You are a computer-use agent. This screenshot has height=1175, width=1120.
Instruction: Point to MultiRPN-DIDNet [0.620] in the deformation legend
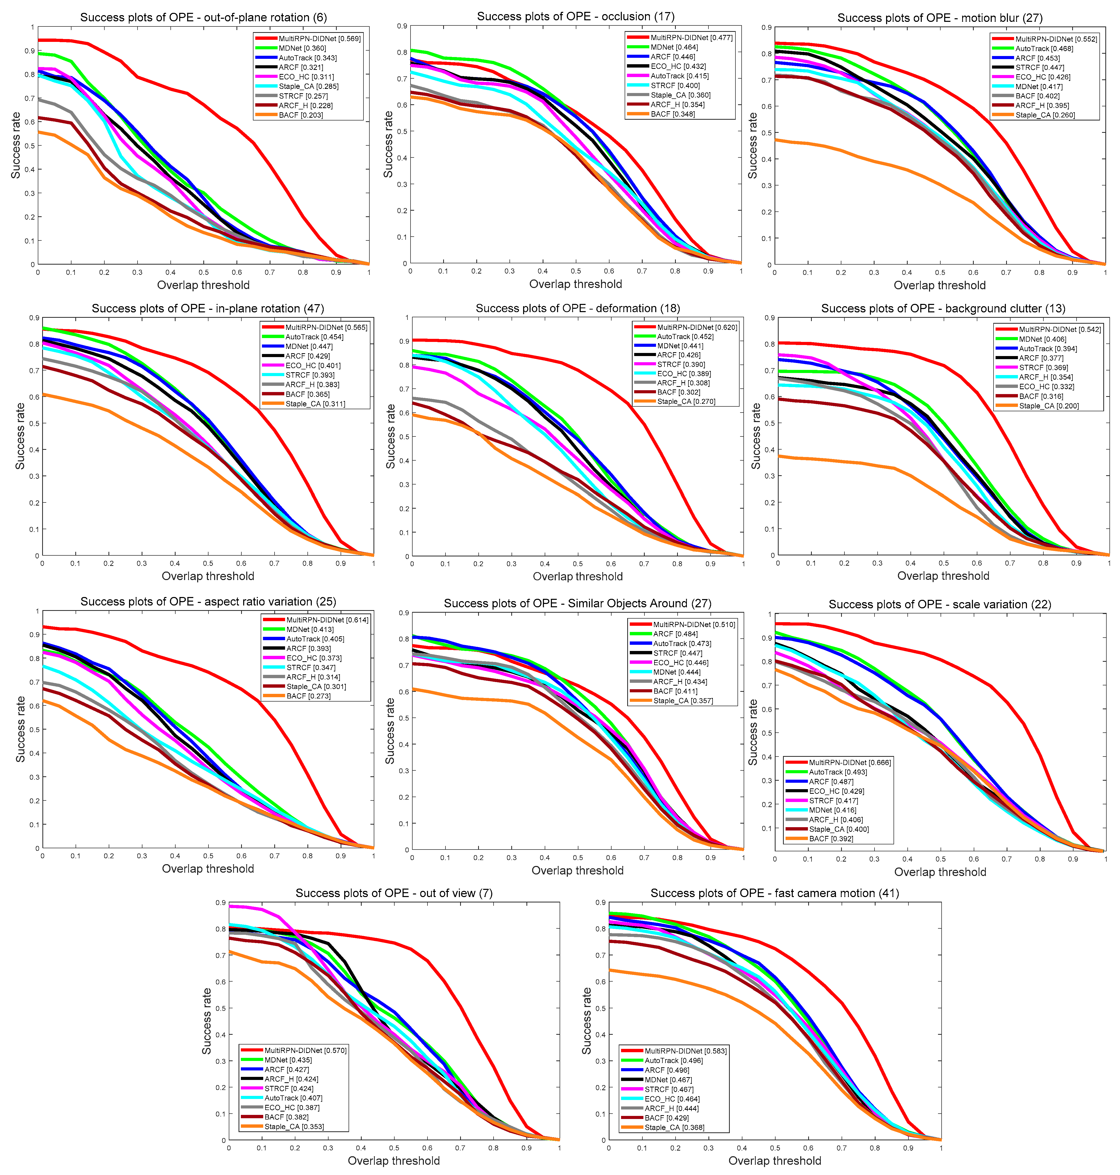[697, 327]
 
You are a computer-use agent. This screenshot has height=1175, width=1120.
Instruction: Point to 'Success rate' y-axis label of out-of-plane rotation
[15, 145]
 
